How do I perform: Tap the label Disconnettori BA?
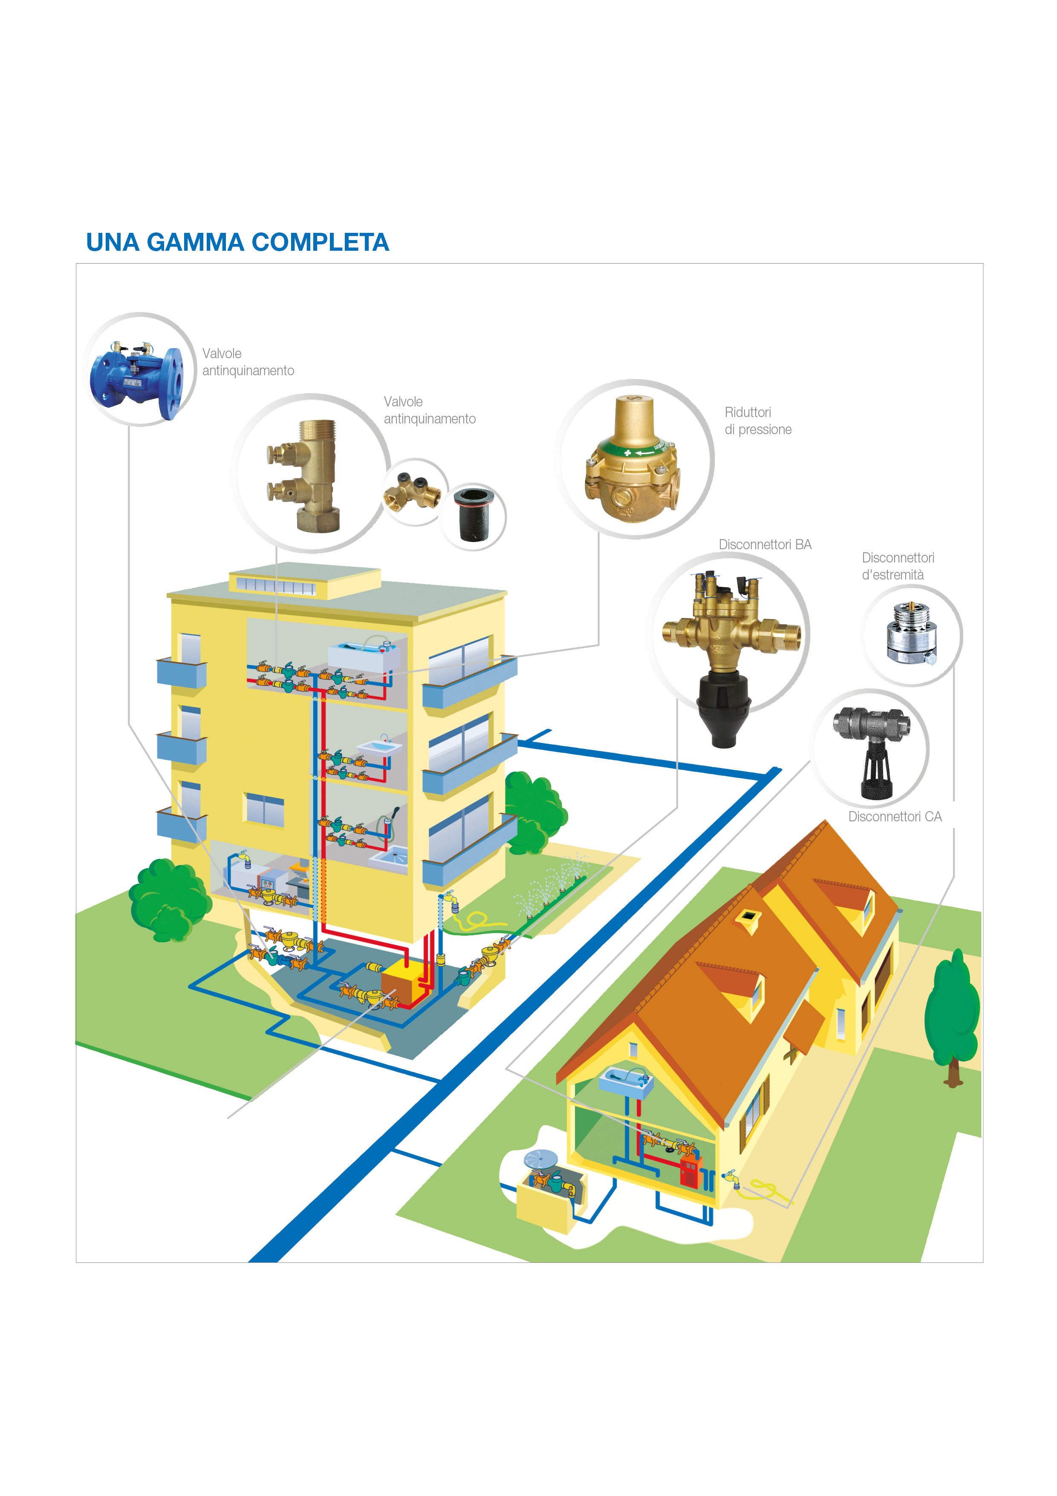point(765,545)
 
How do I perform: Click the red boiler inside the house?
point(689,1171)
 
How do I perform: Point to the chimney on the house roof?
point(748,919)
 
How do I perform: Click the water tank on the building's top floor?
point(362,655)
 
